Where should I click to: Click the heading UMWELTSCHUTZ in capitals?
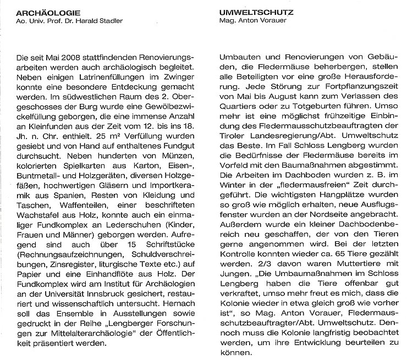click(247, 12)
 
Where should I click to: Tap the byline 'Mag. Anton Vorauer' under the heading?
click(245, 21)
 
